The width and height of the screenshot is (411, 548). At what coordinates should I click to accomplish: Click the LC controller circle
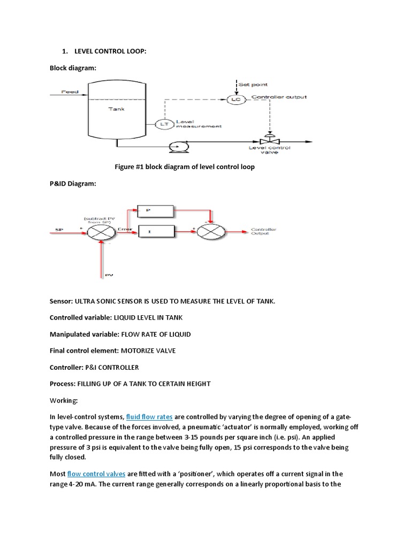pos(234,100)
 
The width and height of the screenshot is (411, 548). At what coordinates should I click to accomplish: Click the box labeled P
pos(156,211)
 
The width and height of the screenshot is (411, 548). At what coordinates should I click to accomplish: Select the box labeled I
pos(156,232)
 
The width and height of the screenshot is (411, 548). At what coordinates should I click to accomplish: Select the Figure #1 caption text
pos(185,167)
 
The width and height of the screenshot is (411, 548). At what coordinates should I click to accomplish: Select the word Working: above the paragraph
pos(64,400)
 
